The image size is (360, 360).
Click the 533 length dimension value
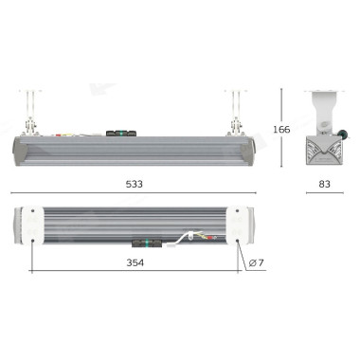tap(135, 184)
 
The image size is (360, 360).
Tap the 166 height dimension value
tap(281, 130)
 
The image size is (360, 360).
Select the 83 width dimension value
tap(324, 184)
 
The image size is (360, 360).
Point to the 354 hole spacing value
tap(135, 262)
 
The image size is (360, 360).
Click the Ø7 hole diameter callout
tap(256, 262)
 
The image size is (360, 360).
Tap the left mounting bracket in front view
tap(30, 113)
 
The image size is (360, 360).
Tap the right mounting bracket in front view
tap(235, 113)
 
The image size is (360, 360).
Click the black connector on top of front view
tap(121, 133)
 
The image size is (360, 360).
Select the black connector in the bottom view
tap(147, 243)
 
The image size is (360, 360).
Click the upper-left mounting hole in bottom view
tap(32, 210)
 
